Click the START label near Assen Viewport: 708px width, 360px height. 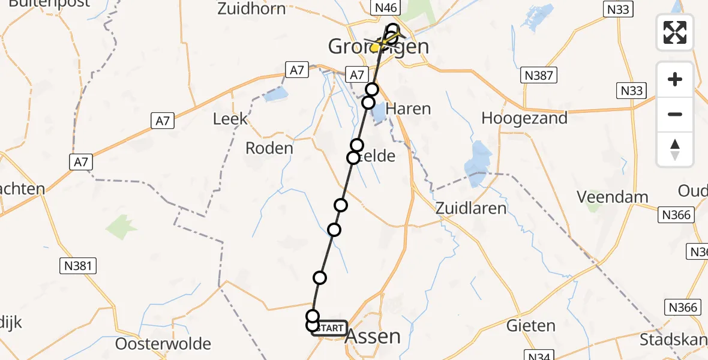point(329,328)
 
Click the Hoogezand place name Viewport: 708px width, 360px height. point(524,118)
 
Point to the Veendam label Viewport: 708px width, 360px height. point(612,196)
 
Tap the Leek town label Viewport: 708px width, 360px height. point(230,119)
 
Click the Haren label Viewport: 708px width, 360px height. point(408,109)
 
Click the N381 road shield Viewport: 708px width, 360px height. point(78,266)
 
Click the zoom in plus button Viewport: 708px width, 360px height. point(675,79)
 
